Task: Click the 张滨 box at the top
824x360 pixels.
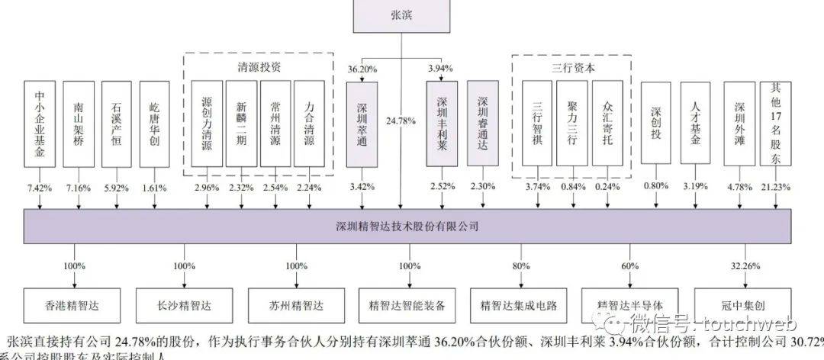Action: pyautogui.click(x=404, y=15)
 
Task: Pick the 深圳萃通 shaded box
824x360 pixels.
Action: pyautogui.click(x=362, y=124)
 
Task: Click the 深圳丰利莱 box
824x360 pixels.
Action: pyautogui.click(x=442, y=124)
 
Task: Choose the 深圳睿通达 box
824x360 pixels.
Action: pyautogui.click(x=482, y=124)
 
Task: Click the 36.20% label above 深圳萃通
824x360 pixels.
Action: pyautogui.click(x=362, y=68)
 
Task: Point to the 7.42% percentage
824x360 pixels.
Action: pyautogui.click(x=40, y=188)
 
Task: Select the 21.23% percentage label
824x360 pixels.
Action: pyautogui.click(x=777, y=188)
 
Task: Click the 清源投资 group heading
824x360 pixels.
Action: pyautogui.click(x=259, y=67)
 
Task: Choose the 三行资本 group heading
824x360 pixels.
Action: pyautogui.click(x=573, y=67)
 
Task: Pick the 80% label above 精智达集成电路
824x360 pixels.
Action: pyautogui.click(x=521, y=266)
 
